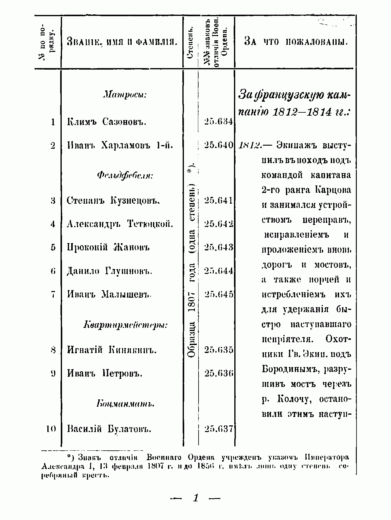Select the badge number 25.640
[219, 145]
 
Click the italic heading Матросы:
[125, 95]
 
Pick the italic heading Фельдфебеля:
[125, 175]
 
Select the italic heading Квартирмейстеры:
[125, 325]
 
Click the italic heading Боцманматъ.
[125, 404]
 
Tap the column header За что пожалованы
[296, 42]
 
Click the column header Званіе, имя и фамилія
[122, 42]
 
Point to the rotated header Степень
[191, 42]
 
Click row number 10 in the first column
[51, 429]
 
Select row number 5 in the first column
[53, 247]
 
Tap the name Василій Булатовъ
[109, 429]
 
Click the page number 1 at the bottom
[196, 498]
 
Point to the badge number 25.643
[219, 247]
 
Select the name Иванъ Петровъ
[105, 373]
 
